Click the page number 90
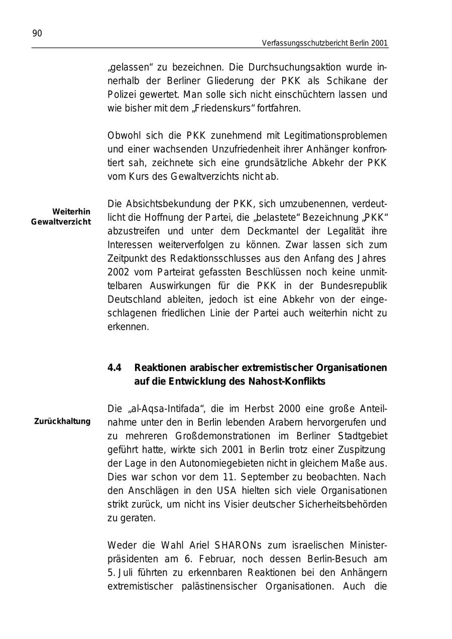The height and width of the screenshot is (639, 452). tap(37, 34)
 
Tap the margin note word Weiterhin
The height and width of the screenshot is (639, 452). tap(71, 212)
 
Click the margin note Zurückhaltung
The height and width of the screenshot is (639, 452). tap(62, 421)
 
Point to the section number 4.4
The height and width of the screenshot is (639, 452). tap(115, 368)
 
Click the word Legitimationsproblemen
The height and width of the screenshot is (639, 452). tap(335, 136)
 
